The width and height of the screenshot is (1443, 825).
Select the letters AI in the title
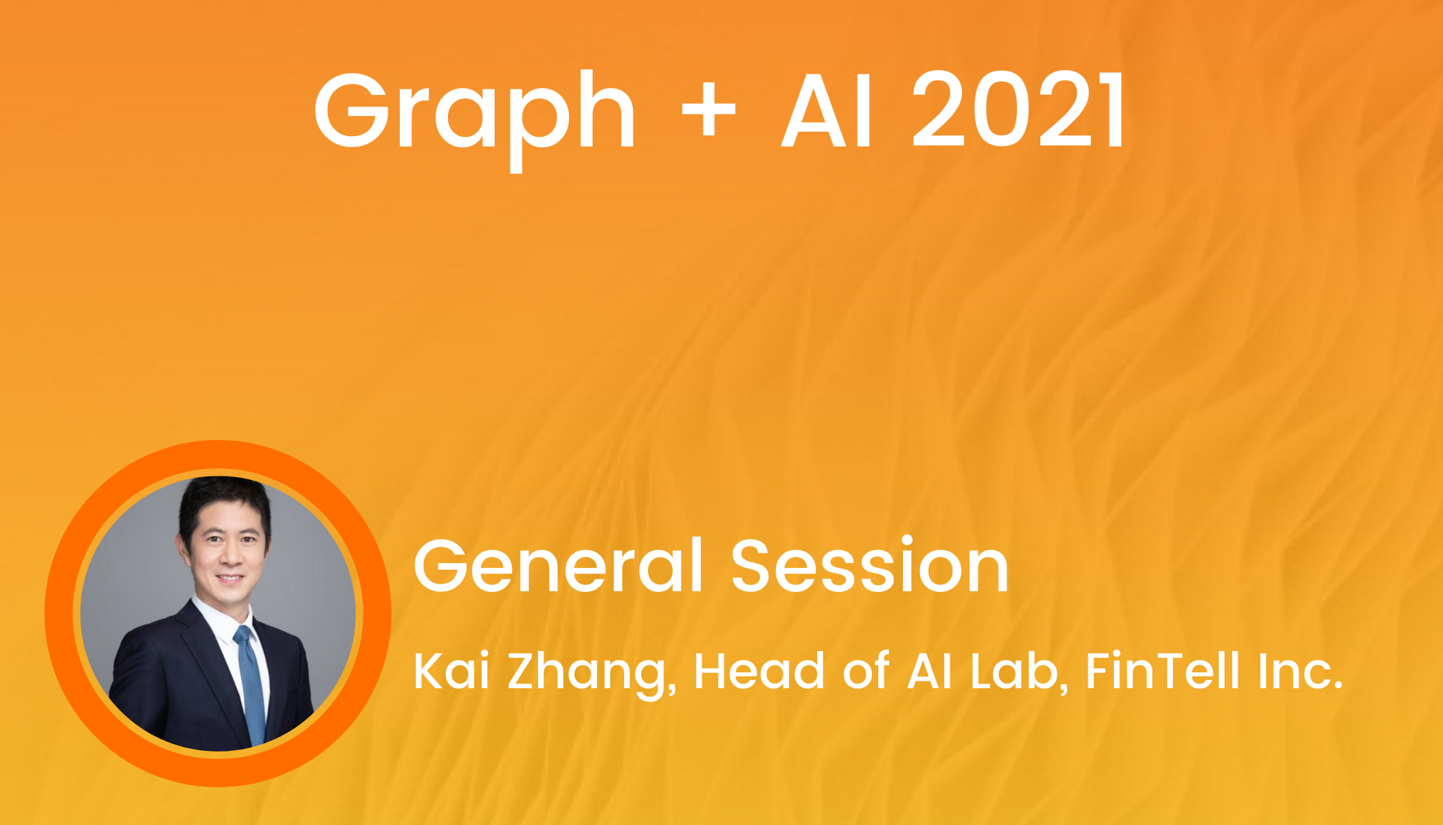[x=827, y=110]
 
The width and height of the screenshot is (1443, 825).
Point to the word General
[x=559, y=565]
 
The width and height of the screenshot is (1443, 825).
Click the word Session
[x=870, y=565]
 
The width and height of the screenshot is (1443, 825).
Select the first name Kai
[x=451, y=671]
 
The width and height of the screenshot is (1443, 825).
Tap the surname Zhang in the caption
[x=592, y=674]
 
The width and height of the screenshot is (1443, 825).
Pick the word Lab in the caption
[x=1019, y=672]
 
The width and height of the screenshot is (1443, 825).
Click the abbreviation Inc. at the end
[x=1300, y=671]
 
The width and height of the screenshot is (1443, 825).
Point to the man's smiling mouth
[x=230, y=578]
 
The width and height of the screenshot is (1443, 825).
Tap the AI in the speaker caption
[x=930, y=671]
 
